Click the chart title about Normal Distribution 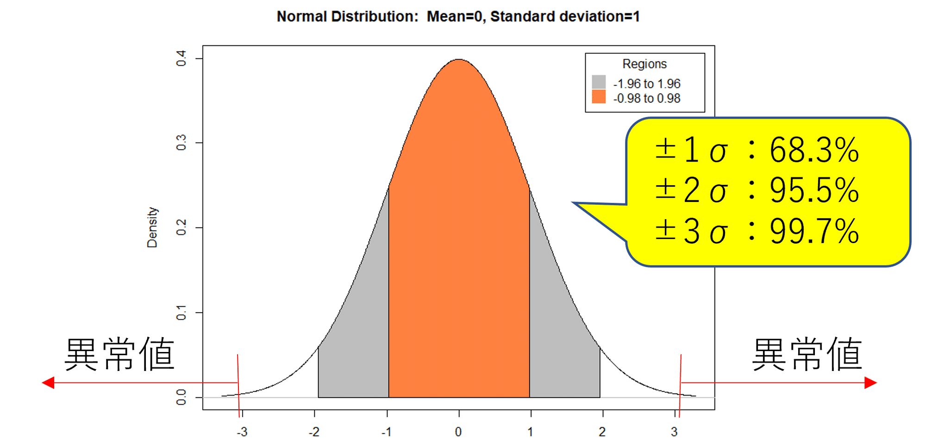pyautogui.click(x=458, y=17)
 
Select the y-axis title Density pyautogui.click(x=152, y=227)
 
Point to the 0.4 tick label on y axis pyautogui.click(x=181, y=58)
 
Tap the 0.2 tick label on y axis pyautogui.click(x=181, y=227)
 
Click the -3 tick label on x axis pyautogui.click(x=242, y=432)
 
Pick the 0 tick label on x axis pyautogui.click(x=458, y=432)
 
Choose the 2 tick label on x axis pyautogui.click(x=602, y=432)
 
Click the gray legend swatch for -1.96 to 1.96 pyautogui.click(x=599, y=82)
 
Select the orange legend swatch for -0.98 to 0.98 pyautogui.click(x=599, y=97)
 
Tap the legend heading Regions pyautogui.click(x=644, y=64)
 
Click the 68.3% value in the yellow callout pyautogui.click(x=814, y=151)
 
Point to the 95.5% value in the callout pyautogui.click(x=814, y=190)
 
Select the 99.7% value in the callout pyautogui.click(x=814, y=231)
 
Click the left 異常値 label pyautogui.click(x=119, y=354)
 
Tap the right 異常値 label pyautogui.click(x=807, y=354)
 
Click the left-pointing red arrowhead pyautogui.click(x=48, y=383)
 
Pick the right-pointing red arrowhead pyautogui.click(x=870, y=383)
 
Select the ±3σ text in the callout pyautogui.click(x=691, y=231)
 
